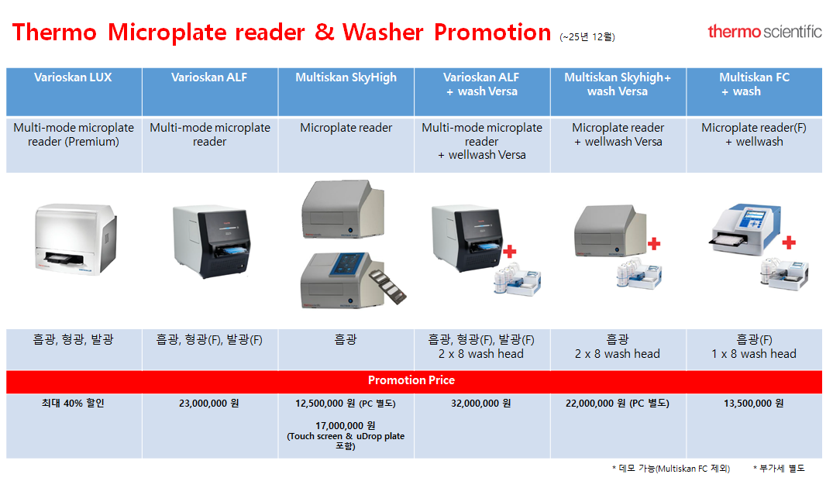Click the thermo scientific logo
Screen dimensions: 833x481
click(765, 31)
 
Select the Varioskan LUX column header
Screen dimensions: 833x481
click(74, 77)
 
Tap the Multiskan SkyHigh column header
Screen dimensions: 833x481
click(346, 77)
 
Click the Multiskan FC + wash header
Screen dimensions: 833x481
click(754, 84)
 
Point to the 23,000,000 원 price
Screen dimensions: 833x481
click(208, 404)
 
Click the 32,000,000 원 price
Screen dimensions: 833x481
click(480, 404)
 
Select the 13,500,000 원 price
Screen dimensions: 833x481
click(753, 404)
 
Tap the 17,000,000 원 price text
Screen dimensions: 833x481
click(346, 425)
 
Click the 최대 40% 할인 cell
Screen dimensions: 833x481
click(73, 404)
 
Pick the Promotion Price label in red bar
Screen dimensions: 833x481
click(411, 380)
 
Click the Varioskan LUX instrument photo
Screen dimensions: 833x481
click(75, 239)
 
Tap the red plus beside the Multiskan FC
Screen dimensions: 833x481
click(789, 242)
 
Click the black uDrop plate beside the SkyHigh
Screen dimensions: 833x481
click(387, 286)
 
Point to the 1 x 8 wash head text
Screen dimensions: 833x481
click(754, 354)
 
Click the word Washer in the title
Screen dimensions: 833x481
click(383, 33)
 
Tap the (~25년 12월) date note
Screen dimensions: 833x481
click(587, 36)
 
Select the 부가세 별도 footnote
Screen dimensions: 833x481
click(779, 469)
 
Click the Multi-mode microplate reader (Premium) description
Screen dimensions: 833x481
click(74, 135)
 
